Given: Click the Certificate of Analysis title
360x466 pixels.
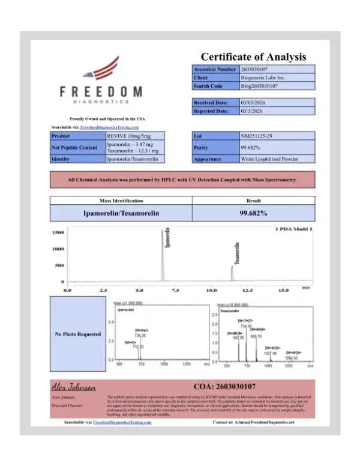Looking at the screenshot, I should click(x=253, y=57).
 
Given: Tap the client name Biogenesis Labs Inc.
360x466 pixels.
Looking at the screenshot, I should click(x=262, y=78).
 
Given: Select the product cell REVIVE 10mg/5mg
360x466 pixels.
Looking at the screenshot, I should click(x=125, y=136).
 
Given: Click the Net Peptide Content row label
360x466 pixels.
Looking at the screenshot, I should click(x=74, y=147).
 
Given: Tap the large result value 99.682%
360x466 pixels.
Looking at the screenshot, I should click(x=253, y=213).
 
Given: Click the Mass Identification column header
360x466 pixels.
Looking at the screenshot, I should click(x=120, y=200).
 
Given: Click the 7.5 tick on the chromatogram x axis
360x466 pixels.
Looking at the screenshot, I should click(x=176, y=290).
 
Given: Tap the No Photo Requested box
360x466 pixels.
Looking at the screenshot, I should click(x=77, y=334).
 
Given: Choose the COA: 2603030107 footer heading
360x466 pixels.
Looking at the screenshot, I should click(x=225, y=386).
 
